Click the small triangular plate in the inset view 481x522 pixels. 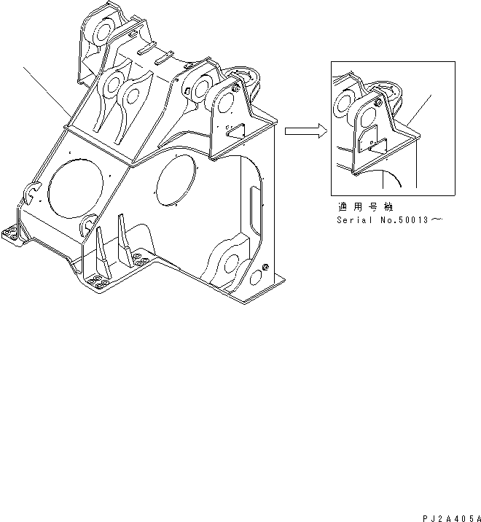(x=375, y=144)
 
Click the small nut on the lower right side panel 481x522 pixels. (x=265, y=268)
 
